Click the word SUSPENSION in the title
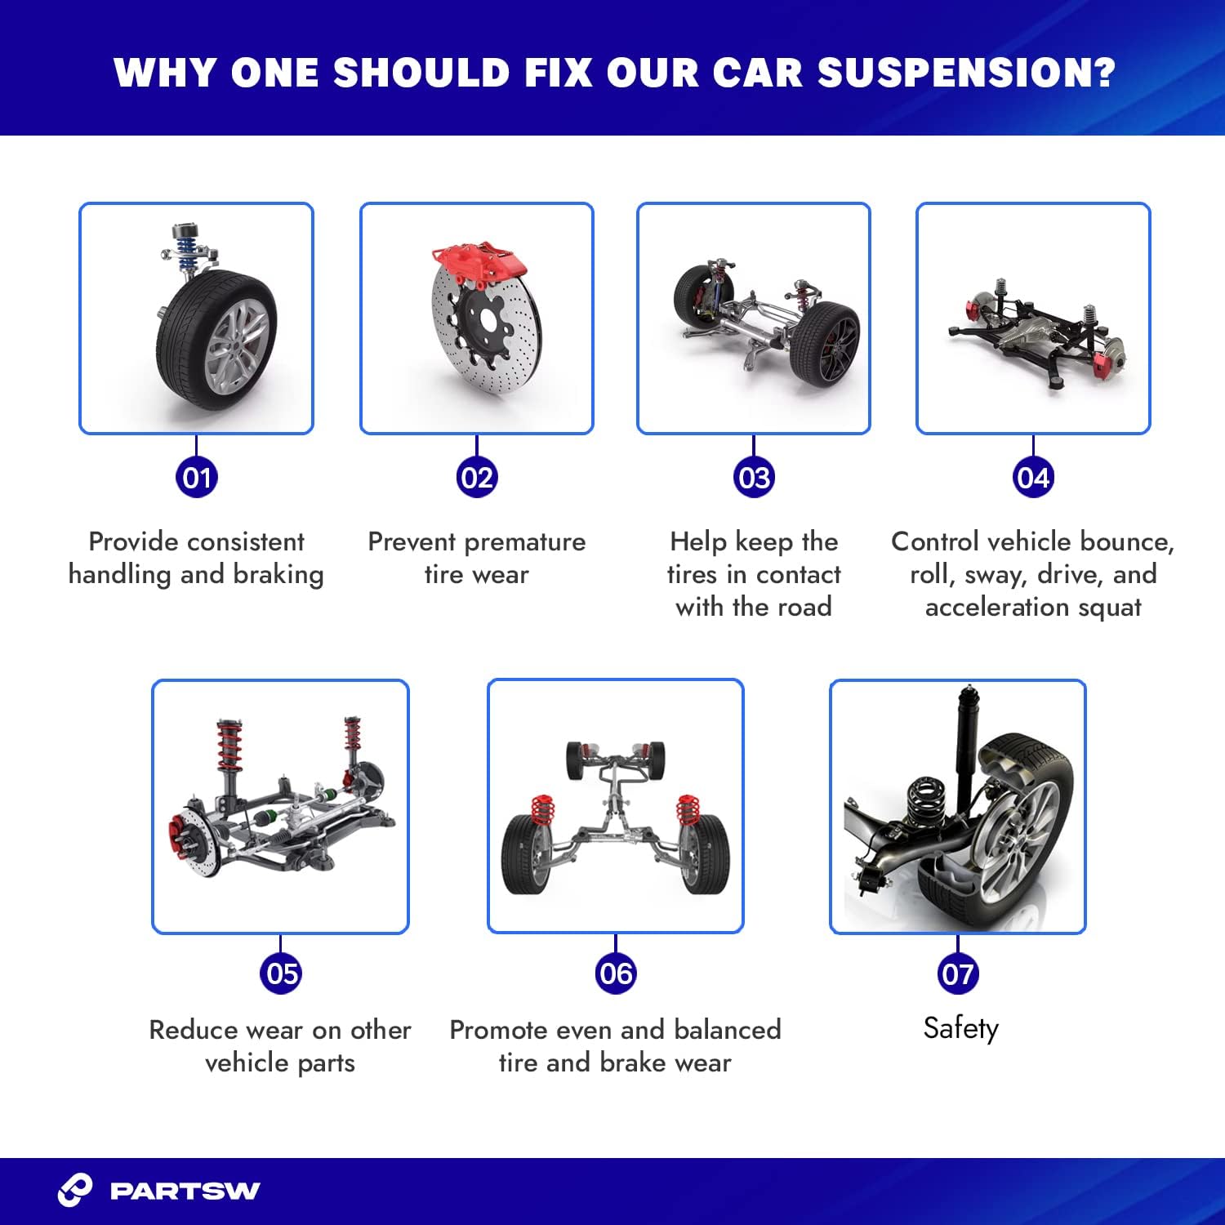tap(966, 73)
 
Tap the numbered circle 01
tap(197, 478)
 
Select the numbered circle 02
tap(476, 478)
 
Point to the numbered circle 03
tap(753, 478)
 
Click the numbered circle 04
tap(1033, 478)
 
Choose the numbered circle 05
tap(281, 973)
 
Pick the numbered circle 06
tap(616, 973)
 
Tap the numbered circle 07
tap(958, 973)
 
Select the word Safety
tap(960, 1028)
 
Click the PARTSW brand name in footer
tap(185, 1191)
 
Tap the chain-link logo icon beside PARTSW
tap(75, 1190)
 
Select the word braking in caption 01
tap(278, 575)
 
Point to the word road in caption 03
tap(804, 608)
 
